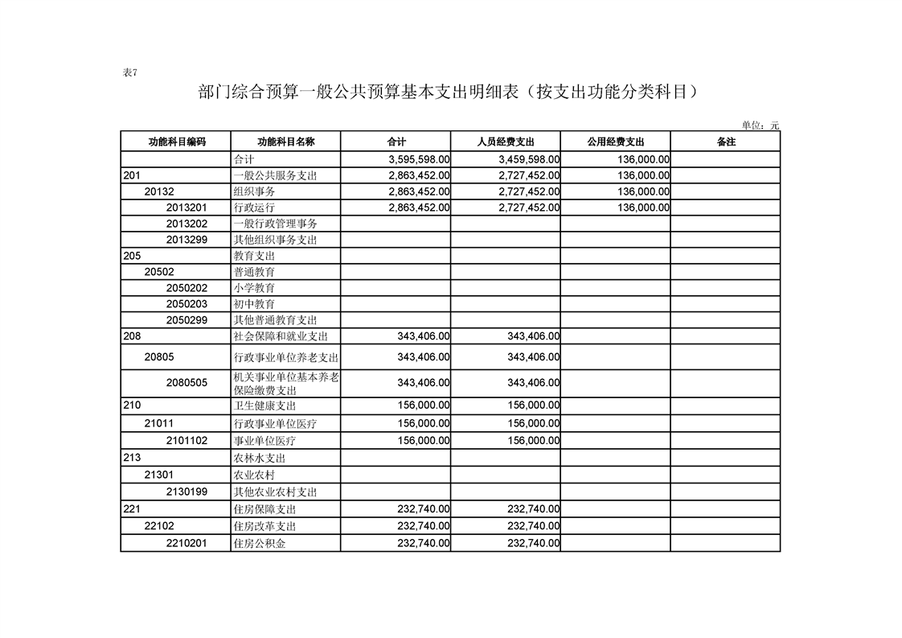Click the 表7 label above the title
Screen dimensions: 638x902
[130, 72]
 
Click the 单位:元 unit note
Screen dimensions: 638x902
[760, 126]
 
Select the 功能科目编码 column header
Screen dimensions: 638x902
[177, 142]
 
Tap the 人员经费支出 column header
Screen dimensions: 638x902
[506, 142]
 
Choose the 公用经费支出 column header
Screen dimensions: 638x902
[616, 142]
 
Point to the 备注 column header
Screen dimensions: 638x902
[725, 142]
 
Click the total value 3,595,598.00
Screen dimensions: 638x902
[418, 159]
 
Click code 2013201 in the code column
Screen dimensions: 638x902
[187, 208]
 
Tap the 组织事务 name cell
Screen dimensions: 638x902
[254, 191]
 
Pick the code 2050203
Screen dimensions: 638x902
[187, 304]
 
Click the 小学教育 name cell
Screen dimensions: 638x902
[254, 288]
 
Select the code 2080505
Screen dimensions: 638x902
[187, 383]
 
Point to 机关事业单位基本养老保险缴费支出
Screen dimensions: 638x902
[285, 383]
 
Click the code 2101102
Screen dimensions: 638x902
[187, 441]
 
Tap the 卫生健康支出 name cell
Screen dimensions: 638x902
[264, 406]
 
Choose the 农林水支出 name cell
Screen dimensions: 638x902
[260, 459]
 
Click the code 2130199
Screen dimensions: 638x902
[187, 492]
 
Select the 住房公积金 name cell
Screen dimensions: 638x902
[259, 544]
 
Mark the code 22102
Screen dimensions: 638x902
[159, 526]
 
